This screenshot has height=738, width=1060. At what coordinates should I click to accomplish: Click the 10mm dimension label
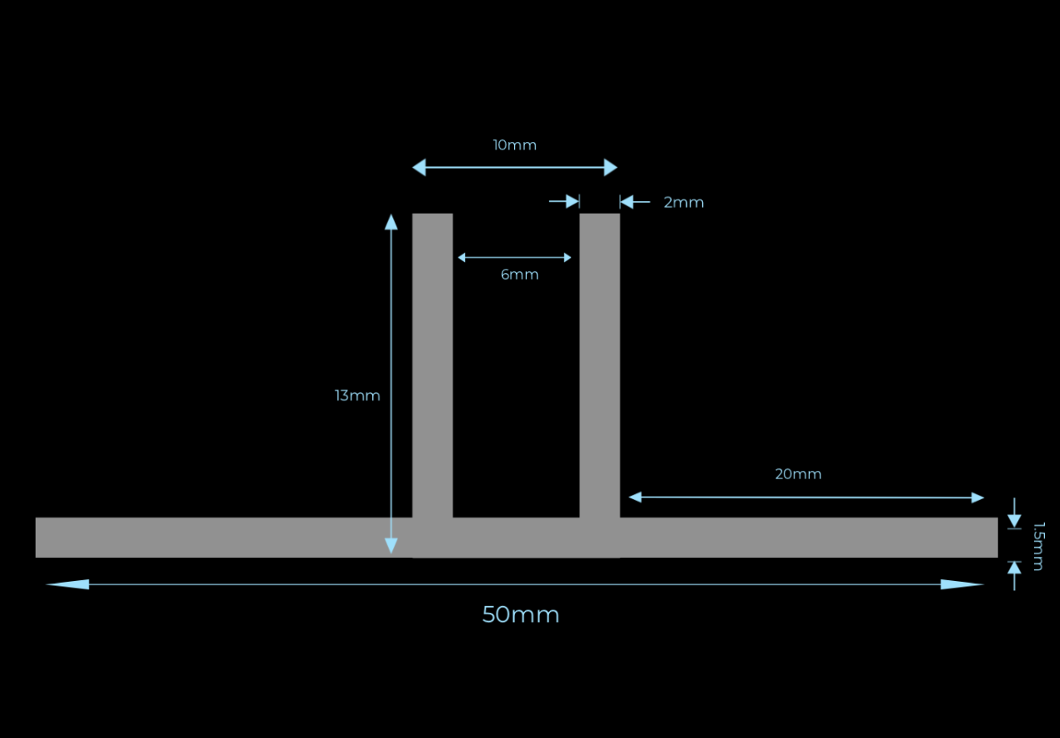coord(514,145)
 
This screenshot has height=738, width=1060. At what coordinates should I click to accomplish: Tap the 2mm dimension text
coord(684,203)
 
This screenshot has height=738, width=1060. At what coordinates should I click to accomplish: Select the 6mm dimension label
coord(519,275)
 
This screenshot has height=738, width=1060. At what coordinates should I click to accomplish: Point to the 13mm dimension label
coord(357,396)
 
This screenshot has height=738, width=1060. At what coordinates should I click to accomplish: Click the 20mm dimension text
coord(798,474)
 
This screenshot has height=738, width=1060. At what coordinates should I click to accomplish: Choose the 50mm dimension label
coord(520,615)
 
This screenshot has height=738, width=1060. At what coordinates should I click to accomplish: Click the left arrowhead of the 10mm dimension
coord(419,168)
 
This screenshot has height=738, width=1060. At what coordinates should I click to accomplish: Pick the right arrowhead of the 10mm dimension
coord(610,168)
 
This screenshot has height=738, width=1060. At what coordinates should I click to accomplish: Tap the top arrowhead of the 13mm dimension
coord(391,222)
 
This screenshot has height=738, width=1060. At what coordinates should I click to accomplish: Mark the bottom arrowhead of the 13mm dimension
coord(391,546)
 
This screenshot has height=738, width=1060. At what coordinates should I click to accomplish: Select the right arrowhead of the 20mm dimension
coord(977,498)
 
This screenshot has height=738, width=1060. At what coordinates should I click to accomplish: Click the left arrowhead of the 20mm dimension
coord(635,497)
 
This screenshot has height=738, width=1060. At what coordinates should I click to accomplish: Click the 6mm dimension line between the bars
coord(514,258)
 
